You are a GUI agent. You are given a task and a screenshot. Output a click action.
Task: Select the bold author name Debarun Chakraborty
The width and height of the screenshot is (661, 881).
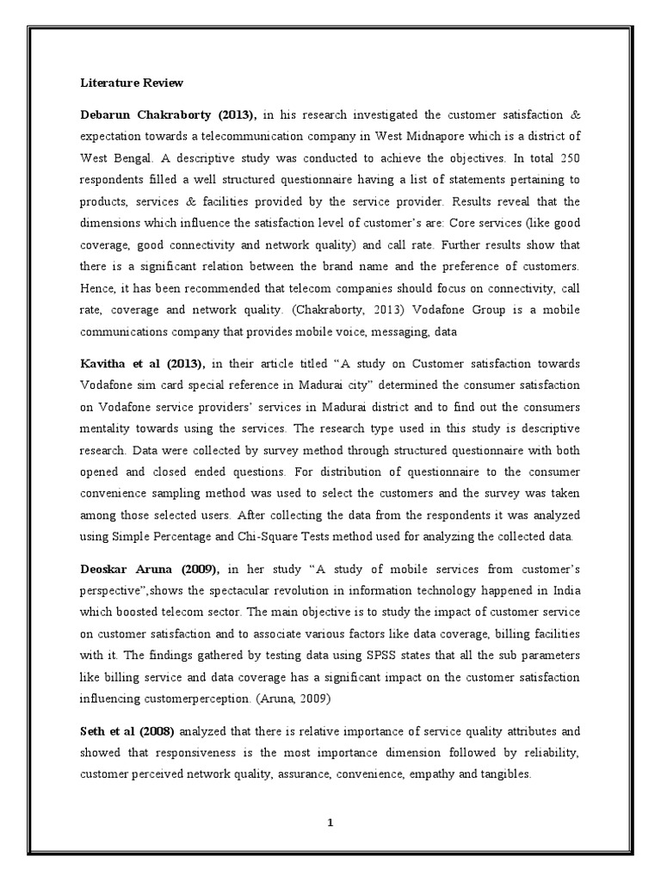click(x=139, y=114)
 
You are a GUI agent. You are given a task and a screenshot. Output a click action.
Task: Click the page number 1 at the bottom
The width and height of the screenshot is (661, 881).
click(x=330, y=824)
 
